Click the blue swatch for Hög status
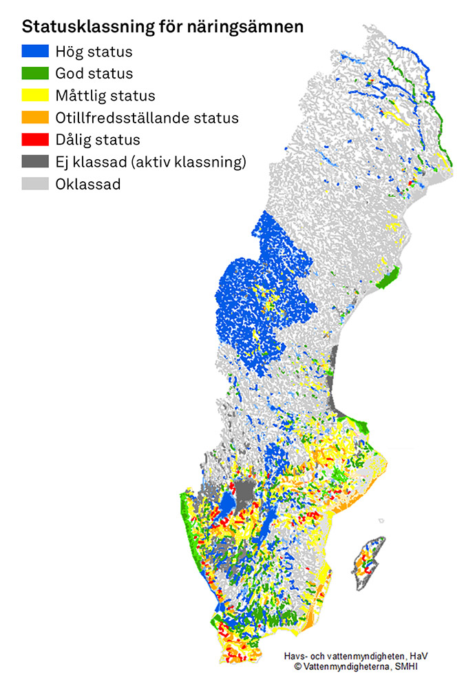tap(35, 51)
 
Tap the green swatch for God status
tap(35, 73)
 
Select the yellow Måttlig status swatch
tap(35, 95)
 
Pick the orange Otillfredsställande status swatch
tap(35, 117)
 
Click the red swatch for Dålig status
tap(35, 140)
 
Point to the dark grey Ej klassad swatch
tap(35, 162)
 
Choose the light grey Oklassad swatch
tap(35, 184)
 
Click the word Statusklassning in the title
tap(78, 28)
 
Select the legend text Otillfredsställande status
tap(147, 118)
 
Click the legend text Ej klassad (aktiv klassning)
tap(151, 162)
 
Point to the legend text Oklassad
tap(89, 184)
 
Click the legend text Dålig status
tap(98, 140)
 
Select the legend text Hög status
tap(94, 52)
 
